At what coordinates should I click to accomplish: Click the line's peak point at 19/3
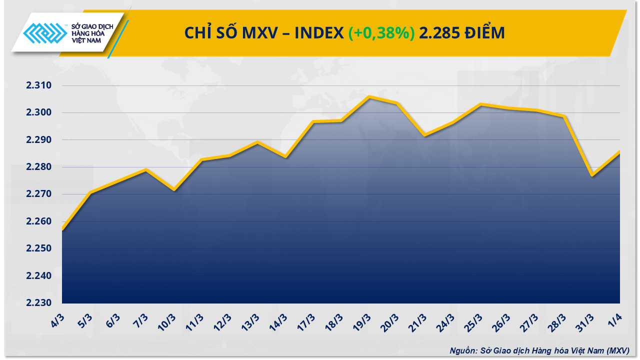(x=369, y=96)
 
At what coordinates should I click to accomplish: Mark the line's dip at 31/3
(x=592, y=175)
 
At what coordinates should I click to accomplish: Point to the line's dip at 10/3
(x=173, y=190)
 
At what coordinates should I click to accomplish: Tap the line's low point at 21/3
(x=424, y=135)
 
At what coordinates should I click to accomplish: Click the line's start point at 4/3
(x=62, y=229)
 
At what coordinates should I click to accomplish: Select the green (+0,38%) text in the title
(x=381, y=33)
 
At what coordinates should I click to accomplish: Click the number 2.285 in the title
(x=438, y=33)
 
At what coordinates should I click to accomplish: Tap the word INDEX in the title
(x=318, y=33)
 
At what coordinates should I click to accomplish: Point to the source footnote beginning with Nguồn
(x=539, y=350)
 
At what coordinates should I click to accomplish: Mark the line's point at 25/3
(x=480, y=104)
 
